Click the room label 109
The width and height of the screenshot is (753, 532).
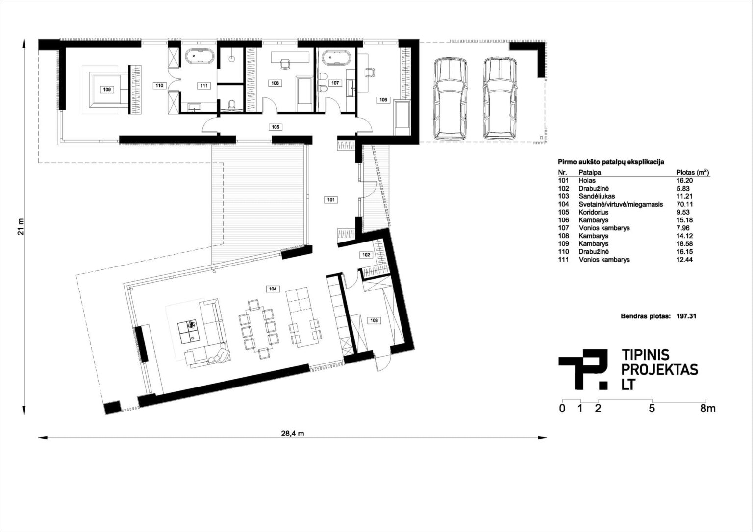107,89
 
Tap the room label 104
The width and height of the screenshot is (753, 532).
273,289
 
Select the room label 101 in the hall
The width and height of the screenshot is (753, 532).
331,200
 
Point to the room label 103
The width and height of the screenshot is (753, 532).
374,320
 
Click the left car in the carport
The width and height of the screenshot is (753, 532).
450,99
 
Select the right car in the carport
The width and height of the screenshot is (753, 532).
500,99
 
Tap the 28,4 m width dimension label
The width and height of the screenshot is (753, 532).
293,433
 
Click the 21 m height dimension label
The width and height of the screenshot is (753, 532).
21,227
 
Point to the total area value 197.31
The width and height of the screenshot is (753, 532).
686,316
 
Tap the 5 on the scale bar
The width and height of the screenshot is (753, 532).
652,409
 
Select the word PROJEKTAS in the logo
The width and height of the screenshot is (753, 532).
659,369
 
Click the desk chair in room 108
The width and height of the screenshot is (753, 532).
285,64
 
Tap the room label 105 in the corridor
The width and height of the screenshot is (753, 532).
276,127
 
